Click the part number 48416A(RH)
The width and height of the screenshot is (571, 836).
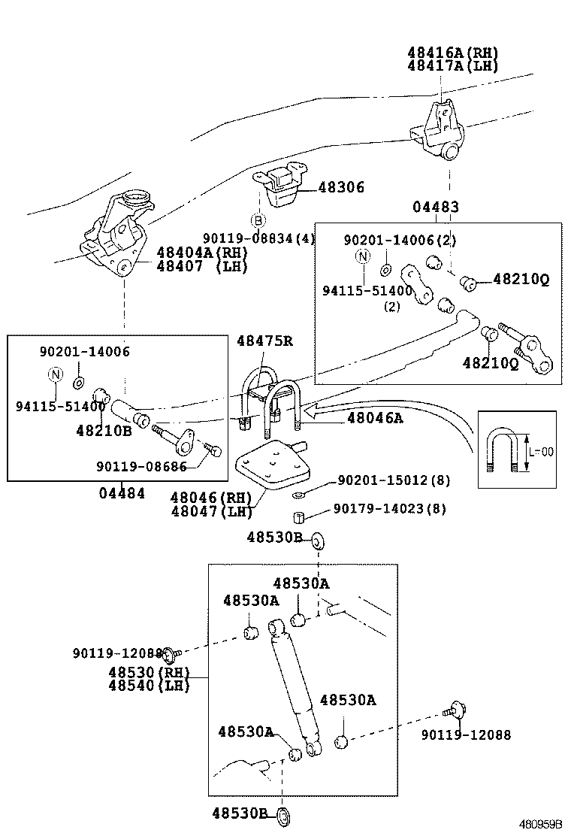tap(452, 53)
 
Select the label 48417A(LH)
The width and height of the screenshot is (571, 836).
tap(452, 65)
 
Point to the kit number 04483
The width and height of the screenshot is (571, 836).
tap(436, 207)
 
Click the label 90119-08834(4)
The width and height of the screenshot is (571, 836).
tap(258, 238)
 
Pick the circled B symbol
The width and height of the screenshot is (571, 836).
tap(258, 220)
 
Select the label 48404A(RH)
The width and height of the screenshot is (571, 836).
tap(201, 253)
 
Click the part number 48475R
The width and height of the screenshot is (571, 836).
tap(264, 341)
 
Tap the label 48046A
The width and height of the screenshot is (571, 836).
tap(374, 418)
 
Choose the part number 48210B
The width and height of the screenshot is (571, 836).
tap(104, 431)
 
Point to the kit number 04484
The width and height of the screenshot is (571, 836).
tap(121, 493)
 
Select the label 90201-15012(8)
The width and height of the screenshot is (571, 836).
tap(394, 480)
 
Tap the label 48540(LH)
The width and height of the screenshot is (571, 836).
tap(148, 685)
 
